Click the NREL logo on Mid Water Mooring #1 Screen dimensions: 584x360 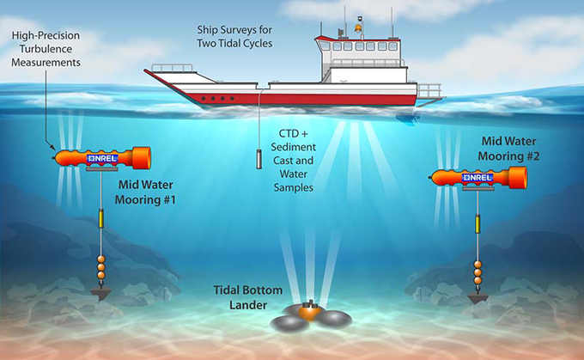click(102, 158)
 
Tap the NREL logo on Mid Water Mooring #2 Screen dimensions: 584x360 click(478, 177)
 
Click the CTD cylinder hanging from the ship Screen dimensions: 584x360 click(259, 159)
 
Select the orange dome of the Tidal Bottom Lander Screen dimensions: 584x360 click(310, 311)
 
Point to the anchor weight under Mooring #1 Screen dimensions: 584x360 click(100, 294)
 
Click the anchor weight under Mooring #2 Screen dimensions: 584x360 click(478, 298)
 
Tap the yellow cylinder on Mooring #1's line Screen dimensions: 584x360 click(101, 218)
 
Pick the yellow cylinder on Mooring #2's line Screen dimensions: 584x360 click(478, 223)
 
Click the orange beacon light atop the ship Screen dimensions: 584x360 click(358, 28)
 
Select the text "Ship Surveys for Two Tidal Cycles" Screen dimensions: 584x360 click(234, 37)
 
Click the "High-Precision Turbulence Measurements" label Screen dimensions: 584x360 click(46, 49)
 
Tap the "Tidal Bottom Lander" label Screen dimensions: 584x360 click(248, 297)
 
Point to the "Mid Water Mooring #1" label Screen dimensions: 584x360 click(145, 192)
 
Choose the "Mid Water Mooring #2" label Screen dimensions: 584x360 click(508, 149)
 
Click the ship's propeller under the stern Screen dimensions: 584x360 click(409, 119)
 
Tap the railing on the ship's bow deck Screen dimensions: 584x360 click(172, 68)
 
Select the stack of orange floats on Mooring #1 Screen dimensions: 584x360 click(101, 267)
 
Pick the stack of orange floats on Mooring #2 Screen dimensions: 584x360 click(478, 272)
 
